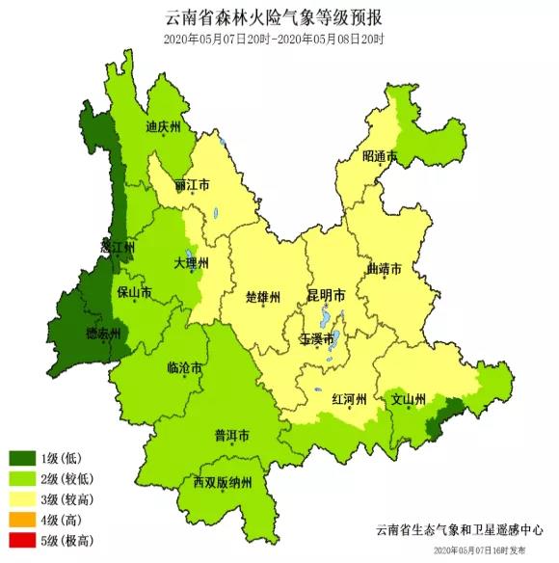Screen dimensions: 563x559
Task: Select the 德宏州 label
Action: [x=103, y=334]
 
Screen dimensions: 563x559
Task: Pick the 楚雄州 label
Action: [x=262, y=296]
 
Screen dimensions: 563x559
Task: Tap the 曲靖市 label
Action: [x=384, y=269]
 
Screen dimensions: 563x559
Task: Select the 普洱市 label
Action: [x=231, y=435]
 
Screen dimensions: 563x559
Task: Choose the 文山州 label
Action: [x=409, y=397]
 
